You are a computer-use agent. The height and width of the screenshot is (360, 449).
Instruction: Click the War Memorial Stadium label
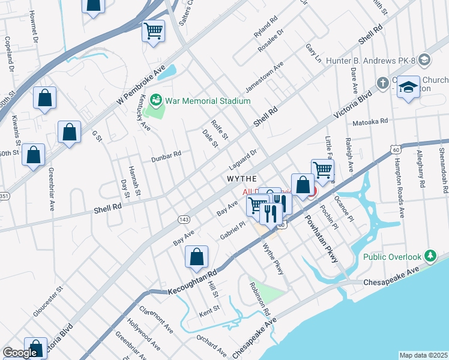point(208,100)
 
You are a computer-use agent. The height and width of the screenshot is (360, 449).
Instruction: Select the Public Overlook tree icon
point(430,257)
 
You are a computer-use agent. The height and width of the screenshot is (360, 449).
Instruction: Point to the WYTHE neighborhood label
point(242,179)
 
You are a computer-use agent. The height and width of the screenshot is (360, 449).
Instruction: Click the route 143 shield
point(184,220)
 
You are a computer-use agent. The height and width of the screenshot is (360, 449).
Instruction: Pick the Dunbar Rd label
point(167,155)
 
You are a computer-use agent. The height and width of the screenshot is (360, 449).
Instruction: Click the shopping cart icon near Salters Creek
point(154,31)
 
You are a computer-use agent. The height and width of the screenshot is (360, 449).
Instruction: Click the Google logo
point(20,353)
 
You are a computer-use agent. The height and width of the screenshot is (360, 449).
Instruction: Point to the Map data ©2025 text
point(423,355)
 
